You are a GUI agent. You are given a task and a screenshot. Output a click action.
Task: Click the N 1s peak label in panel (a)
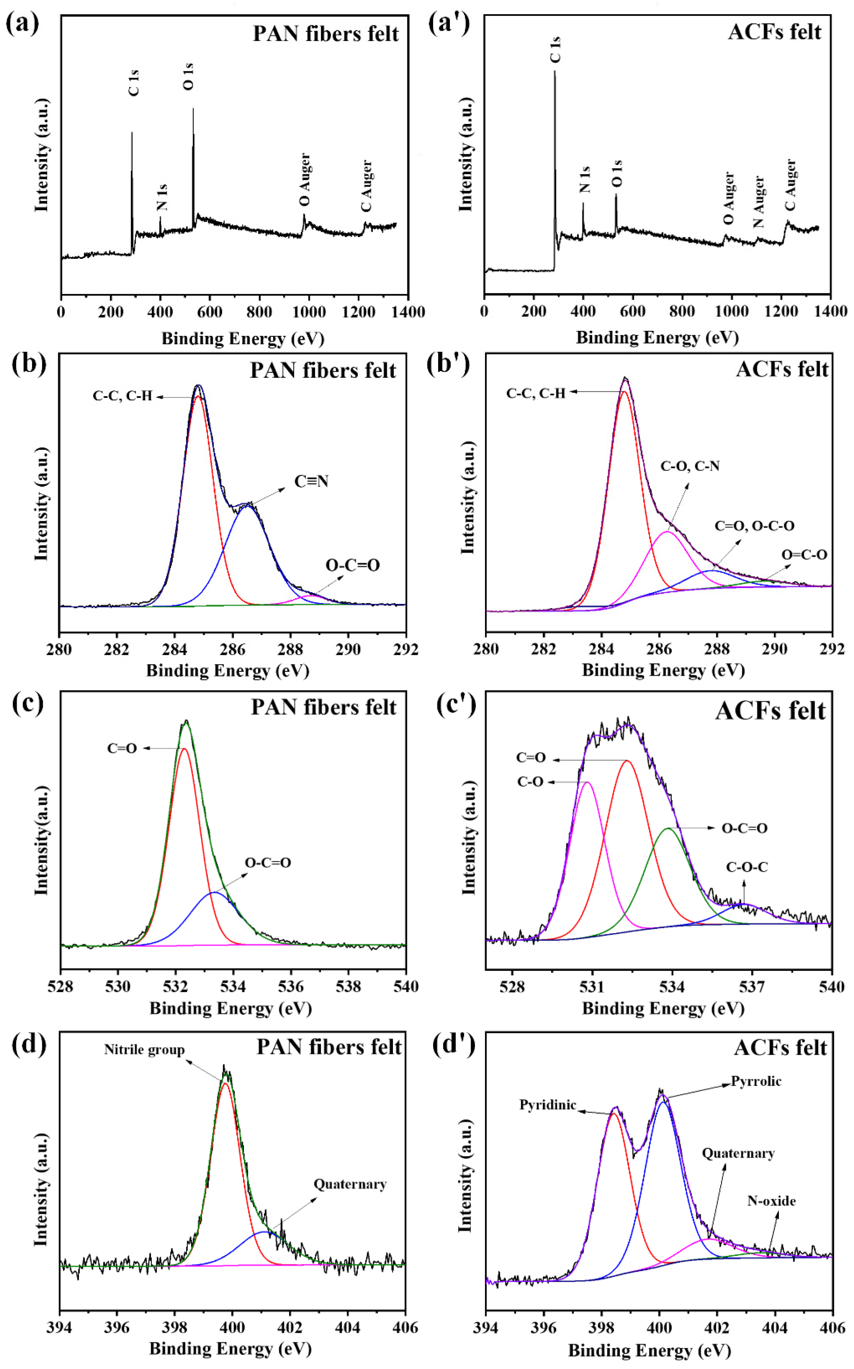click(162, 197)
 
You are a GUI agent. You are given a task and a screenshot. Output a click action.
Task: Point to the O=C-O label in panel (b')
click(804, 555)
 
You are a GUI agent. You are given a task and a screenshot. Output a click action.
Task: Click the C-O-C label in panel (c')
click(747, 867)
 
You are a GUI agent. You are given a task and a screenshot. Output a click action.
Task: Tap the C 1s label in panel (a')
click(555, 50)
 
